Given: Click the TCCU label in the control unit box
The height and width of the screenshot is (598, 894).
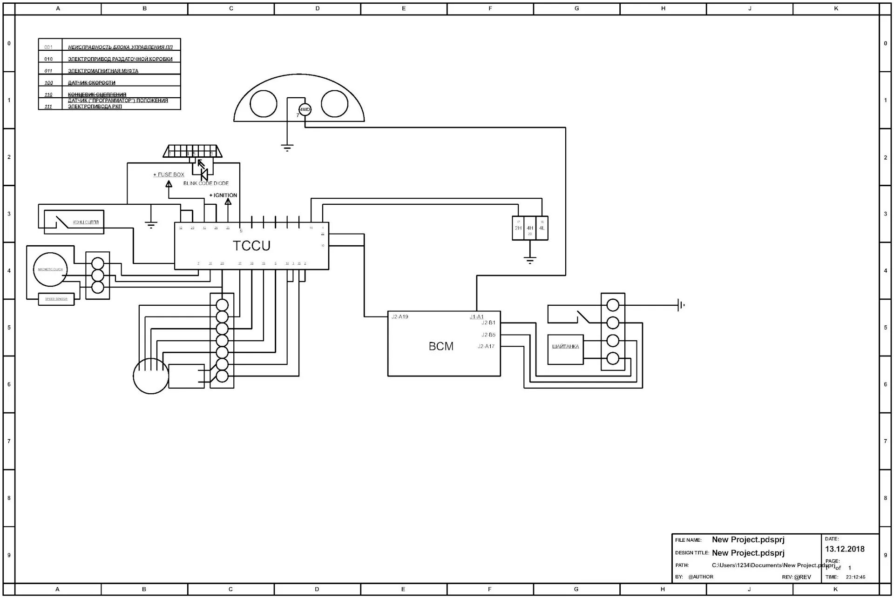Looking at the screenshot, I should click(x=251, y=246).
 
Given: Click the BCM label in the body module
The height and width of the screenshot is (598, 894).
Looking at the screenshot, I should click(x=441, y=346).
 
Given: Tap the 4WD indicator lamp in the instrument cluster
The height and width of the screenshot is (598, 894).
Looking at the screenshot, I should click(x=305, y=110).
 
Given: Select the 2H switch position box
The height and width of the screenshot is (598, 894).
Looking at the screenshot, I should click(x=518, y=228).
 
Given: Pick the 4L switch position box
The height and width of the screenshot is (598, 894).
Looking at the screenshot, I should click(x=542, y=228).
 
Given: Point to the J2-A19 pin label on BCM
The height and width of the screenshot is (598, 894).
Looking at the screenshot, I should click(x=400, y=317).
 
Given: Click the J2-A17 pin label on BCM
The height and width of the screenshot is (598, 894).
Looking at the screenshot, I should click(x=486, y=346).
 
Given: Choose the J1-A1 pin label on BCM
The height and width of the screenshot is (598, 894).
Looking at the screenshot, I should click(x=476, y=317).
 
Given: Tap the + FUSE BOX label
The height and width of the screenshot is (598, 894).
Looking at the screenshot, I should click(x=169, y=175).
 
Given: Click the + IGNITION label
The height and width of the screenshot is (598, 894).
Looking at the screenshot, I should click(x=223, y=195).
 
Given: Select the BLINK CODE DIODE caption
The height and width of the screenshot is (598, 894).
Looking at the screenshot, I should click(x=206, y=183).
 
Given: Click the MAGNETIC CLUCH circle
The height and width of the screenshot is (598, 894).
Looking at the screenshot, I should click(x=50, y=269).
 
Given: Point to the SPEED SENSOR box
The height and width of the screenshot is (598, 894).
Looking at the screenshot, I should click(x=56, y=299).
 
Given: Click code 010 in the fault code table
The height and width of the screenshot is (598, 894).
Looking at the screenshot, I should click(x=48, y=59).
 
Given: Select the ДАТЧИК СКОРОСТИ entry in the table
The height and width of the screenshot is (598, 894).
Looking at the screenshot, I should click(x=92, y=83).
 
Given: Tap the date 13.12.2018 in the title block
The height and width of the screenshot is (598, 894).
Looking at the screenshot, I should click(x=845, y=549).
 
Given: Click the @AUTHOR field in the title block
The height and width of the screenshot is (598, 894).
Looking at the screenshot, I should click(x=701, y=577).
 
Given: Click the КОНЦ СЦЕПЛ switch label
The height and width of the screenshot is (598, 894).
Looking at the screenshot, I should click(x=86, y=222).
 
